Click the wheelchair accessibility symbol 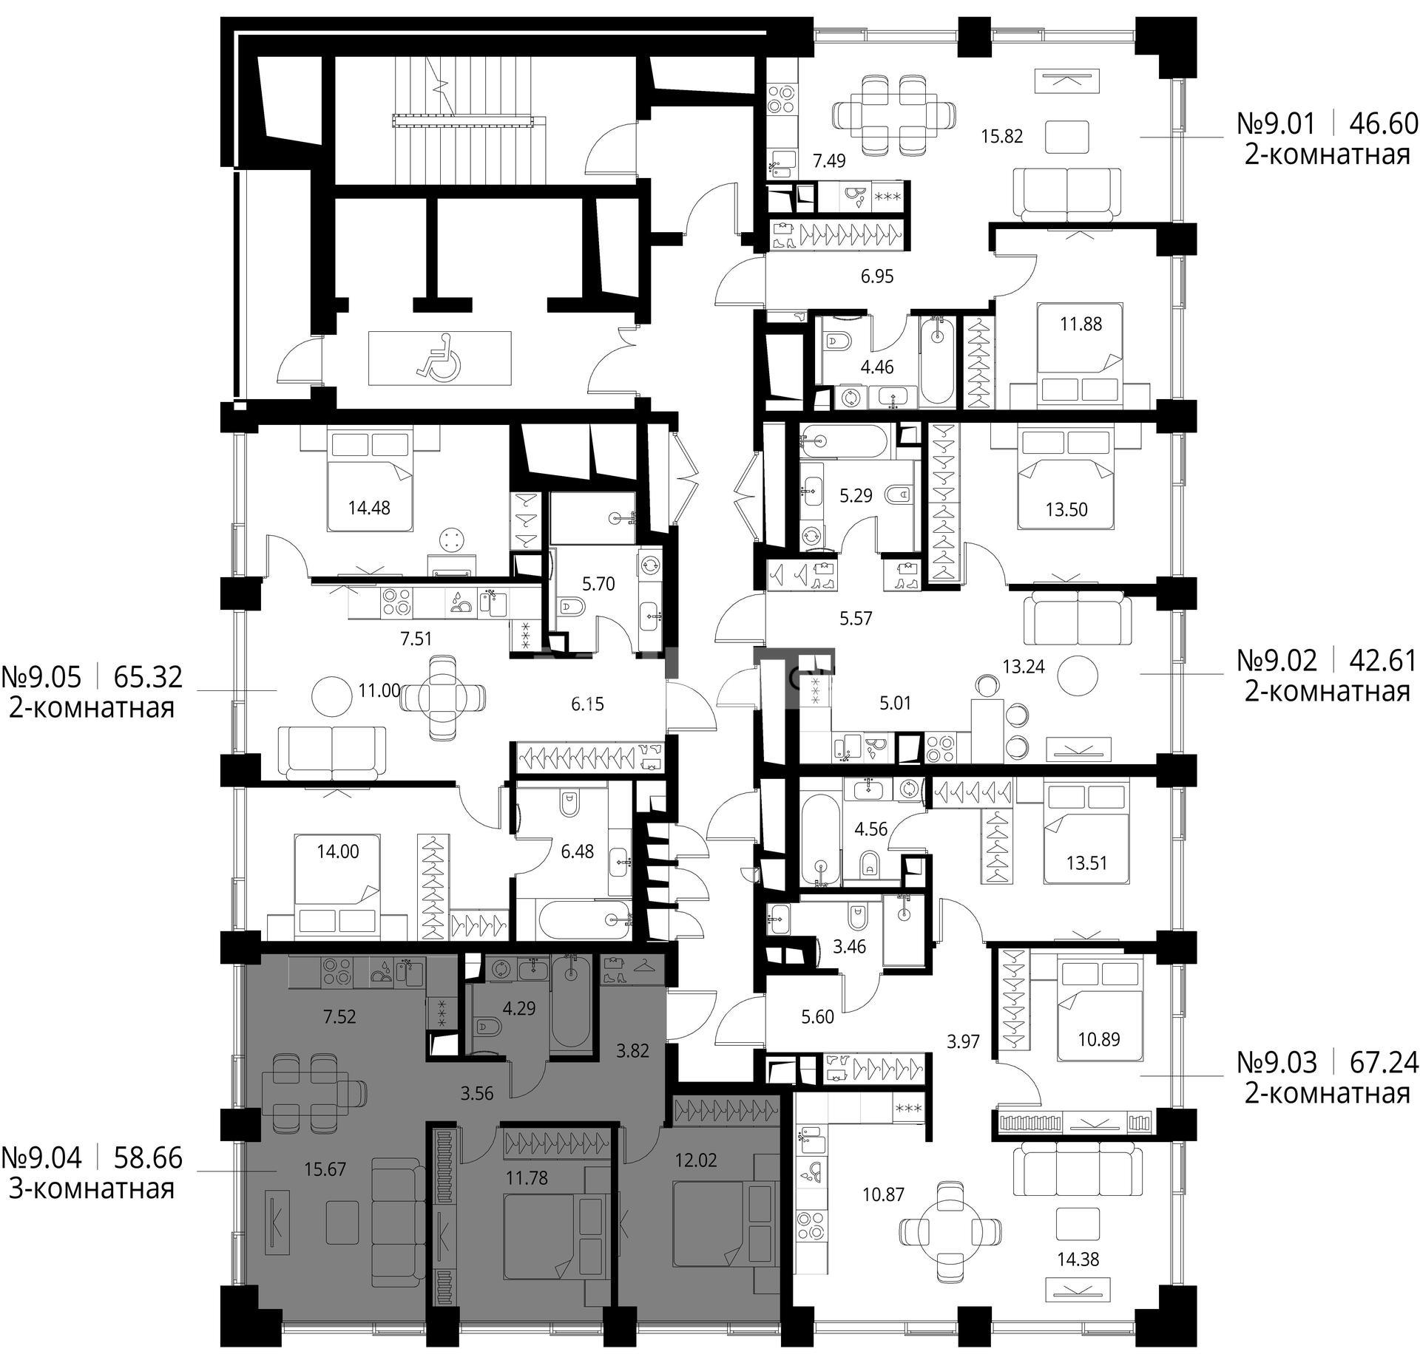439,357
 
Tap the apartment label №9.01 1276,123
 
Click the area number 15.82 1002,136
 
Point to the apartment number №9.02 1276,661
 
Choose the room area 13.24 1024,667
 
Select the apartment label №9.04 42,1158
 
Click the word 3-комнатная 92,1189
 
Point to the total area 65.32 148,677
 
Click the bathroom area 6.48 578,852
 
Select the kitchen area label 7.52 339,1016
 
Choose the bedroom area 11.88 1081,324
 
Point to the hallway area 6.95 877,277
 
